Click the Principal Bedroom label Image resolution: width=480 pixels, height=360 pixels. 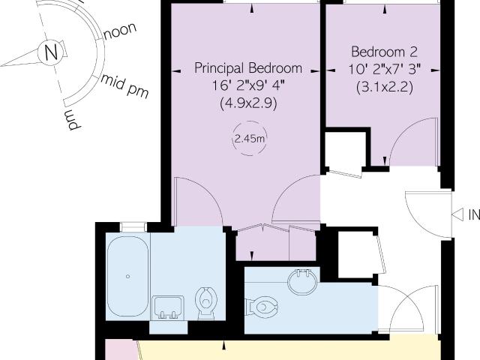click(248, 68)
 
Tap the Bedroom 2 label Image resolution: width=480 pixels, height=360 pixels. click(385, 52)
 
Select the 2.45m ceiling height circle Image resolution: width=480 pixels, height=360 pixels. click(250, 138)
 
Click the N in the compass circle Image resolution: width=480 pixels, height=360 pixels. click(51, 52)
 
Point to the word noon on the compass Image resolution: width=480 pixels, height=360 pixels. click(120, 31)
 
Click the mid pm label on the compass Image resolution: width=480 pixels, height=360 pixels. click(125, 85)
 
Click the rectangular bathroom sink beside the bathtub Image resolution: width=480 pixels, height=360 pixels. click(168, 307)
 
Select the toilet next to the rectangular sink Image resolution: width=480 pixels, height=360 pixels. click(206, 303)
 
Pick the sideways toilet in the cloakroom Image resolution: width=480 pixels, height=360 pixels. click(262, 307)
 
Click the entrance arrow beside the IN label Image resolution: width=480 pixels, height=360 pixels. click(457, 214)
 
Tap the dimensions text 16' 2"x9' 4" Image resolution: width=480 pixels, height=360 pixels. click(248, 86)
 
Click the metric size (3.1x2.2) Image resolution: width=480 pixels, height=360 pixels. click(385, 88)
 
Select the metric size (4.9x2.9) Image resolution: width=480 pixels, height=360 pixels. click(248, 103)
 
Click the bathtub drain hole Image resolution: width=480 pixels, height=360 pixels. click(127, 277)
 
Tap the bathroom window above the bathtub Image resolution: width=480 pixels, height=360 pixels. click(133, 227)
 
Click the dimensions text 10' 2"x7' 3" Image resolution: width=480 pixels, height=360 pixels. click(385, 70)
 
